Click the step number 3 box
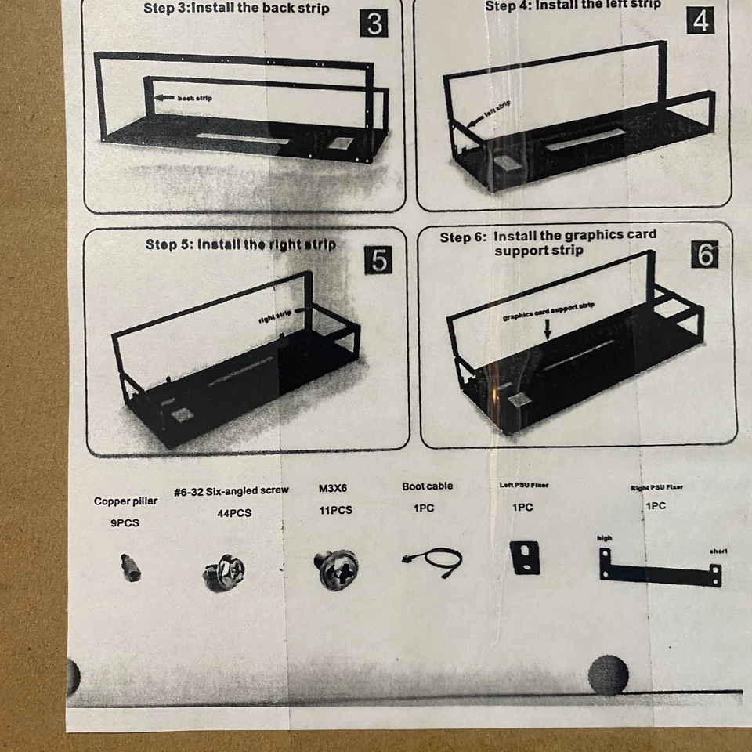(x=374, y=24)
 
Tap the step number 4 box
(x=700, y=21)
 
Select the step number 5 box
(x=379, y=260)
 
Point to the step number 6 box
(x=705, y=255)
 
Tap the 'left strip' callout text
(x=495, y=110)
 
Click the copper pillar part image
(x=131, y=567)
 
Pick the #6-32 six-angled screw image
(x=224, y=572)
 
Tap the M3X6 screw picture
(x=338, y=569)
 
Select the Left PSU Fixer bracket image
(x=525, y=557)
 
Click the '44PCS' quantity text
(x=234, y=514)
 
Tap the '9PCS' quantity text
(x=125, y=523)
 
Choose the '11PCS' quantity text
(x=335, y=511)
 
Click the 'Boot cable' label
(x=427, y=486)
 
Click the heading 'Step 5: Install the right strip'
(x=240, y=244)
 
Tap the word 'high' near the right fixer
(x=604, y=538)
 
